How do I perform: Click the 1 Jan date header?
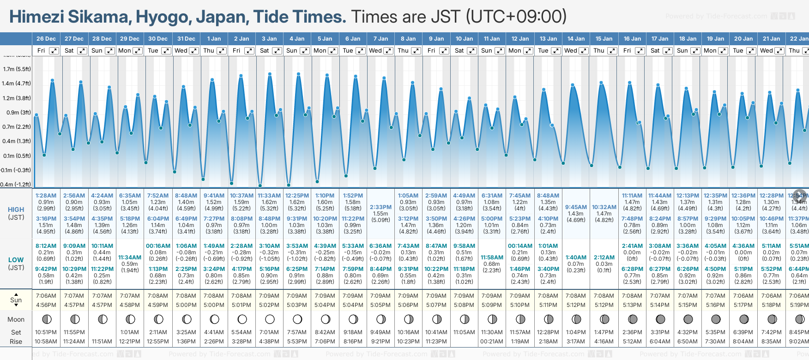[214, 39]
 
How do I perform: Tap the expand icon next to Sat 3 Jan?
[277, 51]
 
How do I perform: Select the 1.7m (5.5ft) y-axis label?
[17, 69]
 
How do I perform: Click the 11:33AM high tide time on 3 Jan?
[269, 196]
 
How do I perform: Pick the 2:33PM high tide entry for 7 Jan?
[380, 207]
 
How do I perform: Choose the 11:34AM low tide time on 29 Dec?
[130, 258]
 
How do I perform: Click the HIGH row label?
[16, 210]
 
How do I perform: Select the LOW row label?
[16, 260]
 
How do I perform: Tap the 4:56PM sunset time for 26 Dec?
[46, 305]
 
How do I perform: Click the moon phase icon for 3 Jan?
[270, 319]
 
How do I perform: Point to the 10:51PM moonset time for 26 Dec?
[46, 332]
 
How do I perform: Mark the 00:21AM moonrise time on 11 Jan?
[492, 342]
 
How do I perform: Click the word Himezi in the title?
[36, 17]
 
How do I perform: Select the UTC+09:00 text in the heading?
[516, 17]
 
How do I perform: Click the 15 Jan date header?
[604, 39]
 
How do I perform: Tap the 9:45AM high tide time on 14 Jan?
[576, 207]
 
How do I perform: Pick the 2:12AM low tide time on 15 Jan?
[604, 258]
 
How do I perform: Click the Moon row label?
[16, 319]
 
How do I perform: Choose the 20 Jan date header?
[743, 39]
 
